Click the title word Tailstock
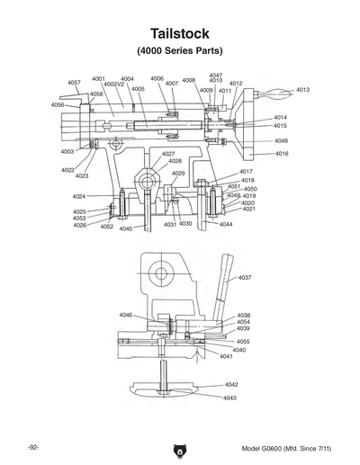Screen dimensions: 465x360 179,31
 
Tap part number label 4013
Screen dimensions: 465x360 302,90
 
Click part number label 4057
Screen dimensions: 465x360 74,82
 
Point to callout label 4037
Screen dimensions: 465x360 245,278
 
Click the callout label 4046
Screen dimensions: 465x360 126,315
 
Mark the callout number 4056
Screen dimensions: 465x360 58,105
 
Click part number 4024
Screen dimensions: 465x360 79,196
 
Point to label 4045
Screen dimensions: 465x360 125,229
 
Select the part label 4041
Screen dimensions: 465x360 226,357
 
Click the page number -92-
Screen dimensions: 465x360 32,447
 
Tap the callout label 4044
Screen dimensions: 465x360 226,224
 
